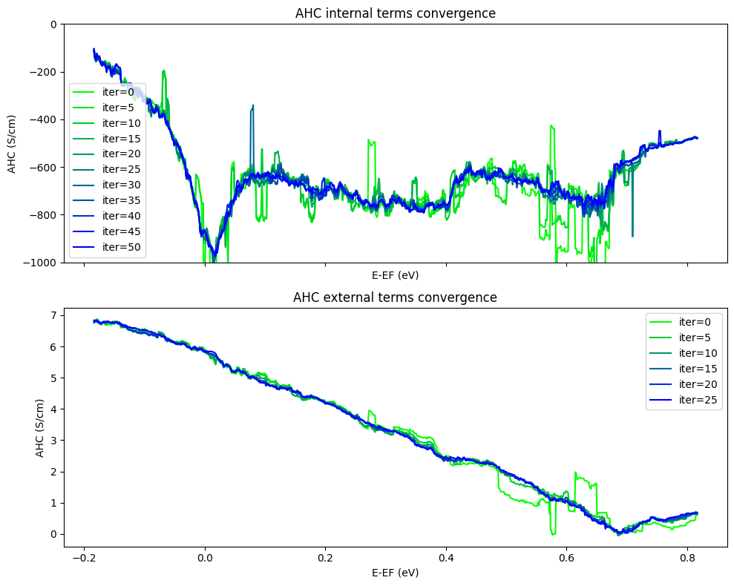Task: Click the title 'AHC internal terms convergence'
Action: tap(395, 13)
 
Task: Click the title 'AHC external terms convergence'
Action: tap(395, 297)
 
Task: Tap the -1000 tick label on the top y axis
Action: tap(41, 263)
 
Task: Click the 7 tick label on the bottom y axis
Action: tap(52, 315)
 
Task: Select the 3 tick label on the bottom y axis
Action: tap(52, 441)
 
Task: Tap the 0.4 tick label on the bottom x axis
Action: tap(446, 559)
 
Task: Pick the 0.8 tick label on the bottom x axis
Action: tap(687, 559)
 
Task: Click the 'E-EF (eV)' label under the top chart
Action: tap(395, 275)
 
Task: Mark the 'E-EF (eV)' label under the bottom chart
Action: tap(395, 573)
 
